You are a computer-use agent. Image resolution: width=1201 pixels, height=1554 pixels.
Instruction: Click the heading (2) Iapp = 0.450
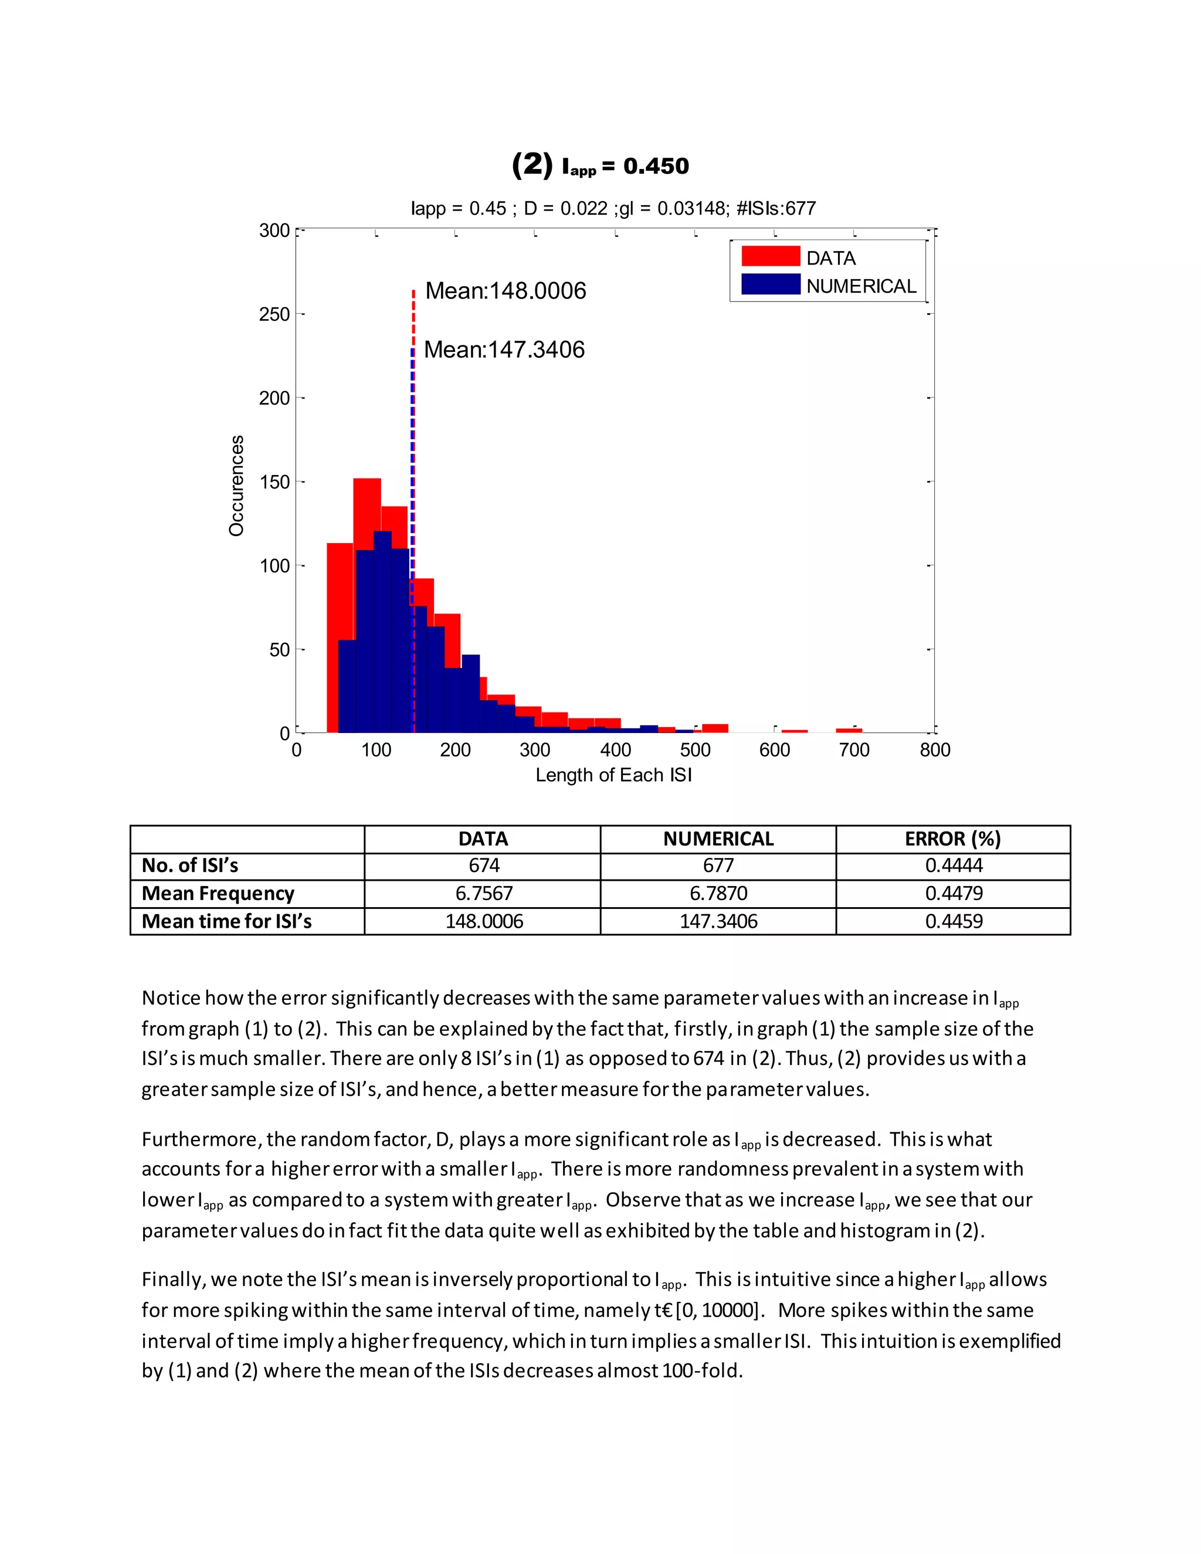coord(600,165)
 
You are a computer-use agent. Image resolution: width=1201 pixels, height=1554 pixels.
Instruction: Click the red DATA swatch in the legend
coord(771,256)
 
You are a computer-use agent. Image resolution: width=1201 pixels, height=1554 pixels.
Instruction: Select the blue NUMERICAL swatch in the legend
coord(771,284)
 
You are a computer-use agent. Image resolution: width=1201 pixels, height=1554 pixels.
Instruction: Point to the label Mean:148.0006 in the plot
coord(505,290)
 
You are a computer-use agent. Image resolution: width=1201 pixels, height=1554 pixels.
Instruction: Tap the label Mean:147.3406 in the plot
coord(504,350)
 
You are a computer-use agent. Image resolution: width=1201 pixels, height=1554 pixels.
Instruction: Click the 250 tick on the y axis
coord(274,314)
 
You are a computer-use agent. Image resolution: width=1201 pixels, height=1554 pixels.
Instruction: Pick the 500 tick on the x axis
coord(694,750)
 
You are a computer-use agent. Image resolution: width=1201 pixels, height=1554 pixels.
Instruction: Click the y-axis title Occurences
coord(236,486)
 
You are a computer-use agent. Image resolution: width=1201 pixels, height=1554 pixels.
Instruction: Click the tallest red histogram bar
coord(367,513)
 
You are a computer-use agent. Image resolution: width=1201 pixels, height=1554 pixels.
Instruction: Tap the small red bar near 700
coord(849,730)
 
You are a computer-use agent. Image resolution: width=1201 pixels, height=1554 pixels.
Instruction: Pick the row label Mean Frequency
coord(218,894)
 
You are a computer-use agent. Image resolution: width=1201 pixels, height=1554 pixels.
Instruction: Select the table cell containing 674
coord(484,866)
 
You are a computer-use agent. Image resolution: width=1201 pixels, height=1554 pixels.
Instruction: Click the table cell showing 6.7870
coord(718,894)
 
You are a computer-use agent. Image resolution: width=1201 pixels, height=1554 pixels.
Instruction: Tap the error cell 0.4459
coord(954,921)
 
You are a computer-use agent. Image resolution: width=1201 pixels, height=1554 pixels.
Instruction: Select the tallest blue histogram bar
coord(382,633)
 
